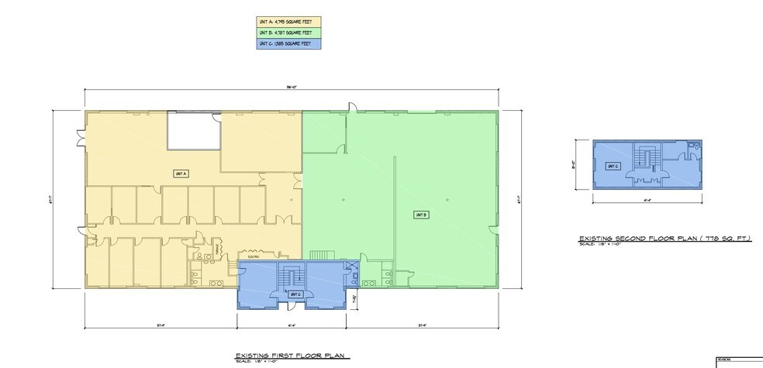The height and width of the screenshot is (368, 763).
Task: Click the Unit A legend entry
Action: [x=288, y=22]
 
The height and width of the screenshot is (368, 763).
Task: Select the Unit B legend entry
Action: [x=288, y=33]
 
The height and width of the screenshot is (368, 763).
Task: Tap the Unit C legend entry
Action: [x=288, y=43]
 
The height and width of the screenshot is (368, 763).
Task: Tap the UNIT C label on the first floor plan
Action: [x=295, y=294]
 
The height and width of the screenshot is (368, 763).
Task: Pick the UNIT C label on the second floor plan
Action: [x=613, y=166]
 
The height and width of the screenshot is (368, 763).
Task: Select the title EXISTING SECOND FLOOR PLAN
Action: [x=665, y=239]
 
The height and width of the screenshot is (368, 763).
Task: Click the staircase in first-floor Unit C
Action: [x=292, y=277]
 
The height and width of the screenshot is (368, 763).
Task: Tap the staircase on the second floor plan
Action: [x=645, y=157]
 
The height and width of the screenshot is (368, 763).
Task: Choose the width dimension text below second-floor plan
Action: [x=647, y=199]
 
